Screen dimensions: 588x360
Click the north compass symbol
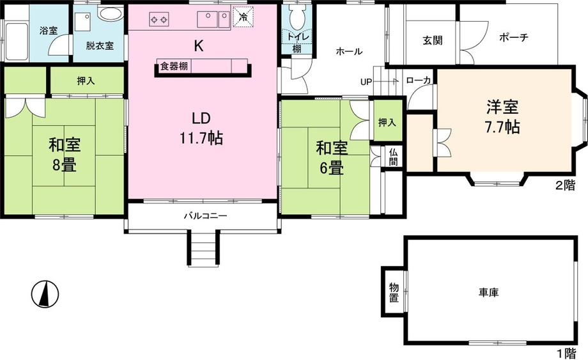click(45, 294)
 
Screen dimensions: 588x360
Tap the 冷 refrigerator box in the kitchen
click(244, 17)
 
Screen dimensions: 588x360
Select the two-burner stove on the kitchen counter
click(159, 19)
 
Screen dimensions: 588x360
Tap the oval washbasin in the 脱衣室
click(110, 14)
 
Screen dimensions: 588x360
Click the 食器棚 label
click(174, 67)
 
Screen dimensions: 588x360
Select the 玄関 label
click(433, 40)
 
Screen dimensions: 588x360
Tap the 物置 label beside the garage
click(394, 292)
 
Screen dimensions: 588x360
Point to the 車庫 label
click(489, 292)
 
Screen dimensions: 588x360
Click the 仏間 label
click(393, 157)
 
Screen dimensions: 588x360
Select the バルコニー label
click(205, 216)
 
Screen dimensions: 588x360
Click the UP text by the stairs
click(366, 82)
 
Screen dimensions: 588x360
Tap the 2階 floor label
click(565, 185)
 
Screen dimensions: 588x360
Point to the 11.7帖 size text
click(201, 139)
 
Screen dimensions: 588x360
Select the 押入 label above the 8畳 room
click(86, 81)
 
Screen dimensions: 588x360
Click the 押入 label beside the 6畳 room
click(387, 122)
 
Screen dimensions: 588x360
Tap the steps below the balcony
click(203, 248)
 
